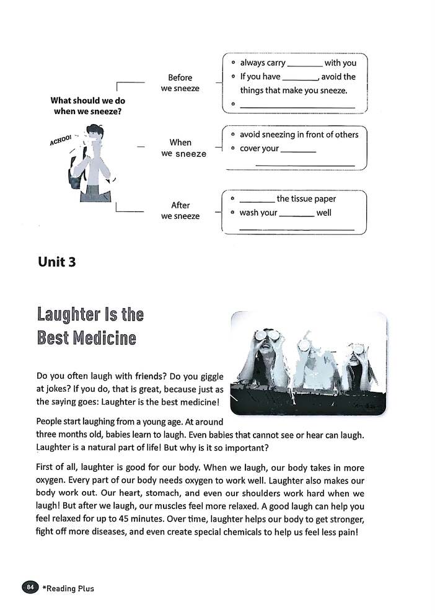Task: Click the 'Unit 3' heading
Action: coord(56,262)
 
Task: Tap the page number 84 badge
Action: coord(30,587)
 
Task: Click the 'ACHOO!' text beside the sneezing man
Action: coord(61,139)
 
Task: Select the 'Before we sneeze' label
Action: coord(180,83)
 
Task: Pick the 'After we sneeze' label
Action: coord(180,211)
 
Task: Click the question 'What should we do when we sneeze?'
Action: coord(87,105)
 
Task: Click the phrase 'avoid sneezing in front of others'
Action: coord(299,135)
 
